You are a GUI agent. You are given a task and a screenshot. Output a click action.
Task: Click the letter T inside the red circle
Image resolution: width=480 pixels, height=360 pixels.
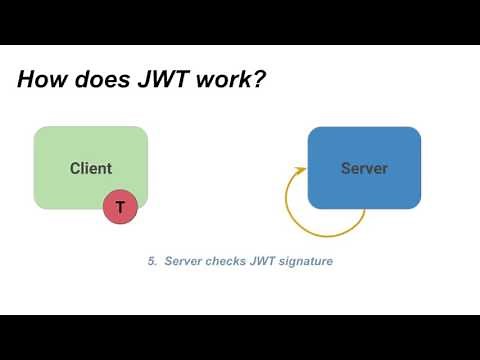tap(120, 207)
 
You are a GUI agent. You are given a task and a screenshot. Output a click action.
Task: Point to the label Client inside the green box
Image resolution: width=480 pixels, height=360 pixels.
tap(91, 168)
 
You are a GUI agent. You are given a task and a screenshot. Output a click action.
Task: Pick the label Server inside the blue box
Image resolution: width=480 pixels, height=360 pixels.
tap(364, 168)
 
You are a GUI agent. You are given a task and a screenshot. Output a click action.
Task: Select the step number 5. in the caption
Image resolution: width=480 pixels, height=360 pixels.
tap(152, 261)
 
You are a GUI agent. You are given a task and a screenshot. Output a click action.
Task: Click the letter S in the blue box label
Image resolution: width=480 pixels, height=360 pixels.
tap(346, 168)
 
